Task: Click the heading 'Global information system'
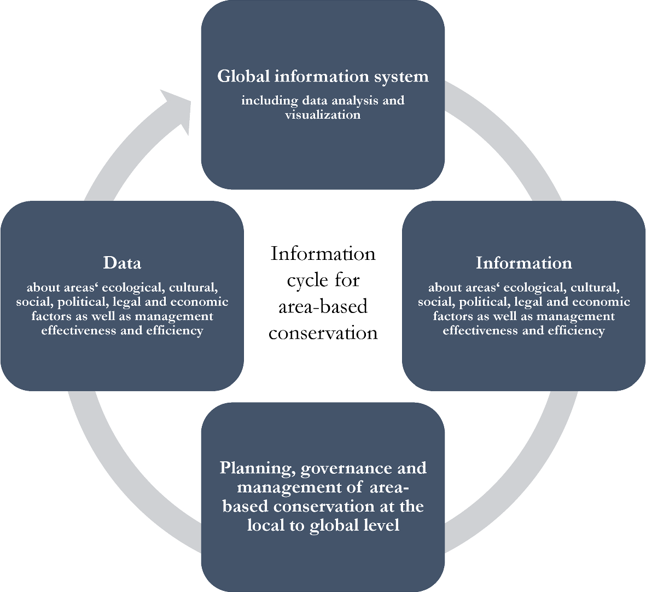click(x=323, y=77)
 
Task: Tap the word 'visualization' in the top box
click(x=323, y=115)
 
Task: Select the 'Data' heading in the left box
click(x=122, y=263)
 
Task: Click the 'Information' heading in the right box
click(x=523, y=263)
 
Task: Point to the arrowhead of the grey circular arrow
click(x=178, y=109)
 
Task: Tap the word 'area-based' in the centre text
click(x=323, y=306)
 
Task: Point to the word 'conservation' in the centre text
click(x=323, y=333)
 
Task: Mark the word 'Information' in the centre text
click(x=323, y=254)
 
